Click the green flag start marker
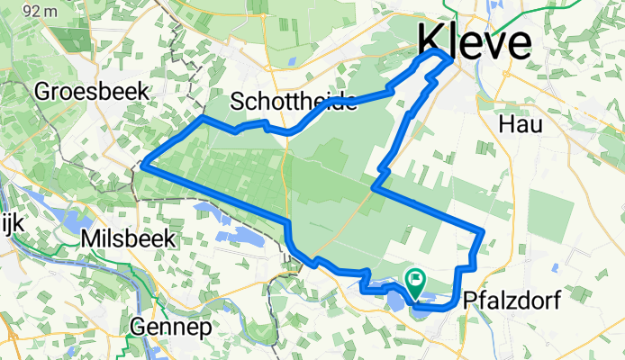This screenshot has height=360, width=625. (x=416, y=280)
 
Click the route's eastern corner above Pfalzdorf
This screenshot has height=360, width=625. (x=484, y=232)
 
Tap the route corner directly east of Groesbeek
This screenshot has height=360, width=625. (x=204, y=118)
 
